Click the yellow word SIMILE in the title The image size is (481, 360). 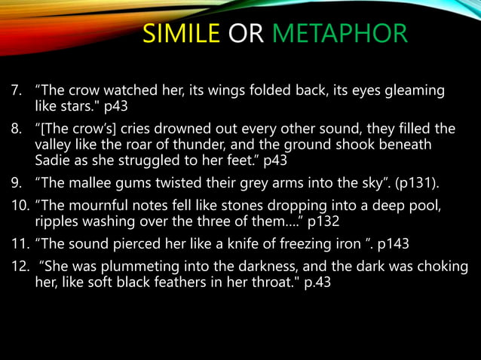(x=182, y=33)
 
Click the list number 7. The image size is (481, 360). (x=15, y=90)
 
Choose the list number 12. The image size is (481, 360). (x=18, y=267)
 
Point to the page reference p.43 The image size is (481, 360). (x=314, y=285)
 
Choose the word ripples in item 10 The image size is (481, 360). (x=57, y=219)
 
